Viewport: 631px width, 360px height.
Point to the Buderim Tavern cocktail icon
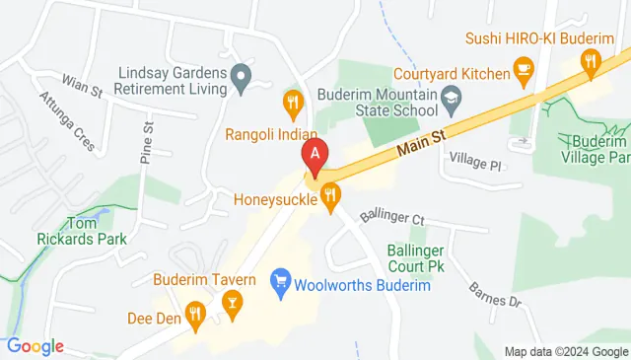(x=233, y=301)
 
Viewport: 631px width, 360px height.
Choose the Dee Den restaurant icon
(x=195, y=316)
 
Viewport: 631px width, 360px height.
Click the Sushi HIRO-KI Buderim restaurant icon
(x=591, y=62)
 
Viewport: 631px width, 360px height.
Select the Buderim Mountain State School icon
(x=452, y=97)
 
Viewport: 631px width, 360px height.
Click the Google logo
(x=35, y=345)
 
